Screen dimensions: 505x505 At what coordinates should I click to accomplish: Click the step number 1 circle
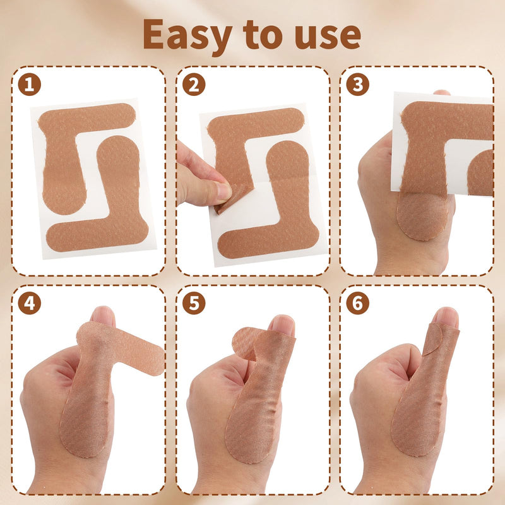29,84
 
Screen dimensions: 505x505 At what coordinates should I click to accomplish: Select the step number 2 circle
194,84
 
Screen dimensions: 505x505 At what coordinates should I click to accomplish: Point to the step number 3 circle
357,84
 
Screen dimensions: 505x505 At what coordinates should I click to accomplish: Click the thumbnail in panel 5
282,324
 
